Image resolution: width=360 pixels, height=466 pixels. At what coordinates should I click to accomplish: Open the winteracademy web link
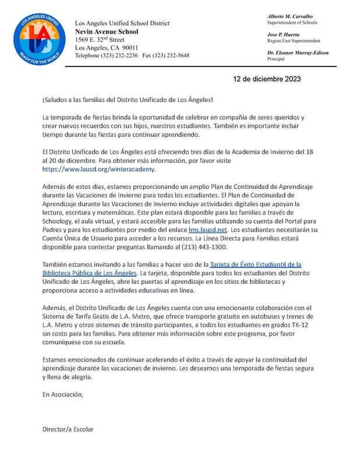(99, 169)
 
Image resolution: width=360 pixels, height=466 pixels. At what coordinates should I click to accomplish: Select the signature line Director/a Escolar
(68, 429)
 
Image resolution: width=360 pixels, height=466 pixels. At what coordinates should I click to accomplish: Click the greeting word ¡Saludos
(57, 101)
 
